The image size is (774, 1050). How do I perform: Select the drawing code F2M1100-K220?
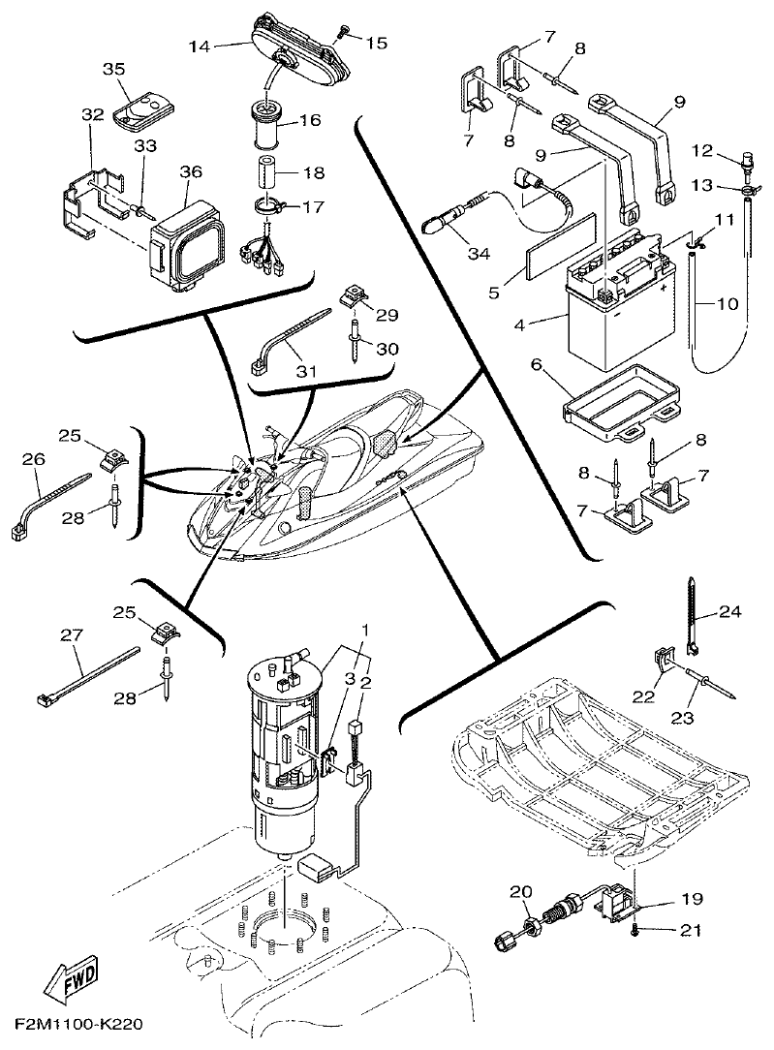point(82,1023)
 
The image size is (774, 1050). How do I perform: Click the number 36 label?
point(191,171)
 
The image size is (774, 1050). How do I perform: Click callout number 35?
point(114,69)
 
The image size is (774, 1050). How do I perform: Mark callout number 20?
point(521,891)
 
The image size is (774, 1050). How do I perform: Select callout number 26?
point(34,460)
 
